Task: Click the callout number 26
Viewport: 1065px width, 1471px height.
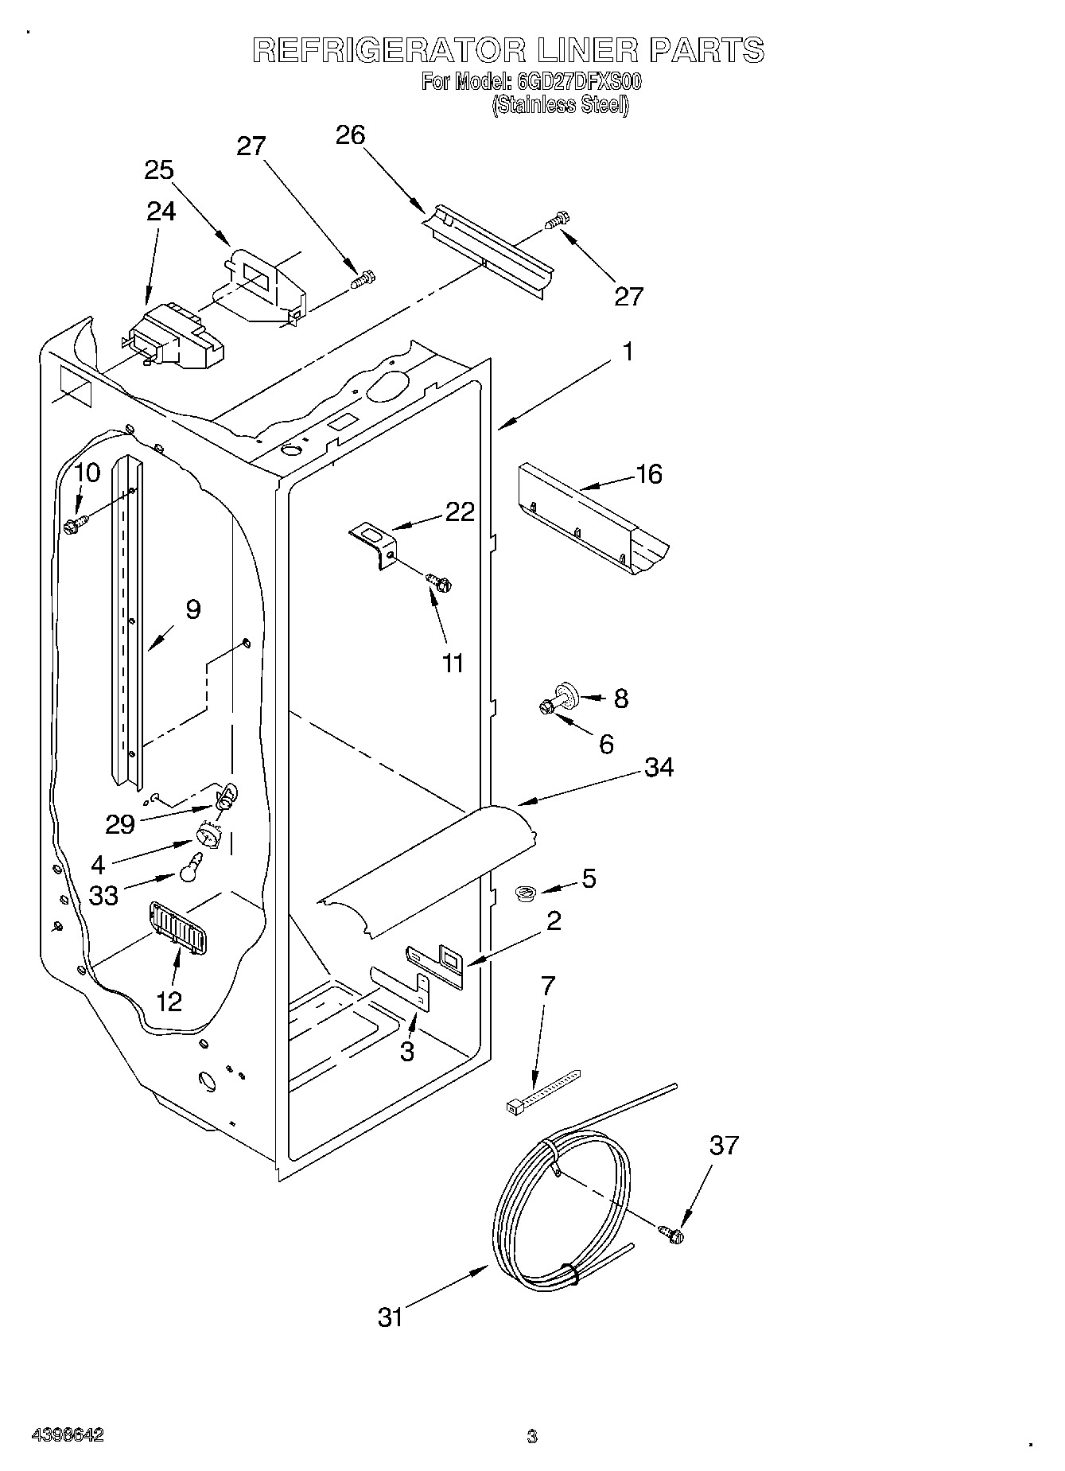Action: point(350,135)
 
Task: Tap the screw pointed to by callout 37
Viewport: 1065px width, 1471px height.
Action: point(672,1234)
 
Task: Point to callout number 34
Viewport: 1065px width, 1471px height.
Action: point(659,768)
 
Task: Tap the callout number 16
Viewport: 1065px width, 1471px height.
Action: point(649,474)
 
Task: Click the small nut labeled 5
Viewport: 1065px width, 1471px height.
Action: point(524,894)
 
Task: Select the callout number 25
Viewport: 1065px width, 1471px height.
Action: point(159,170)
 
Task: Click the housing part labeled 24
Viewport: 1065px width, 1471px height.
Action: point(173,338)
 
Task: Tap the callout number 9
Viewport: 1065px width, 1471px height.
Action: point(192,610)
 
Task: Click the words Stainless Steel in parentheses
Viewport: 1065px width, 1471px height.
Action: point(560,105)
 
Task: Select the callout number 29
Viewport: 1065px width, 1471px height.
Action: point(120,823)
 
